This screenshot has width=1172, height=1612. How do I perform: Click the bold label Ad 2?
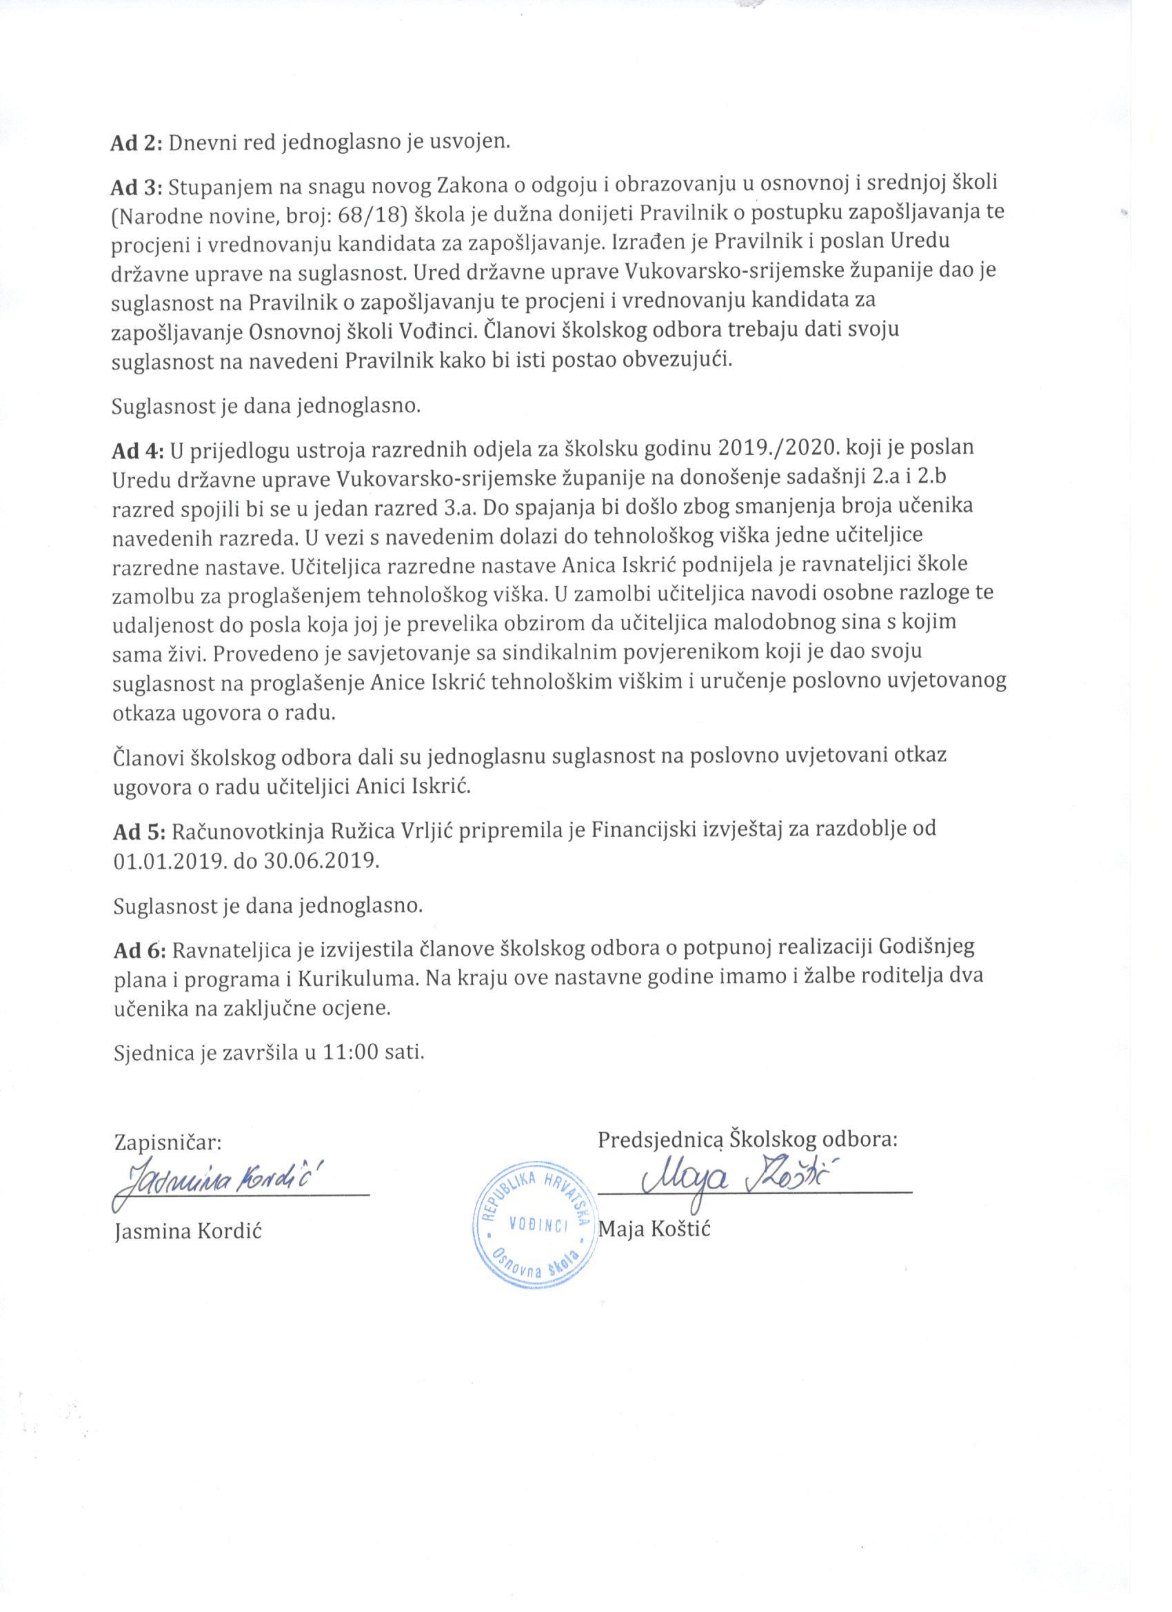point(137,143)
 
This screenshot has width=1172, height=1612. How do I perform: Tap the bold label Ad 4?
point(138,450)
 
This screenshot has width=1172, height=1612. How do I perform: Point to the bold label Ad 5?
point(138,829)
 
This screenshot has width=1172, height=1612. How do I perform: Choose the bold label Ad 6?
point(138,947)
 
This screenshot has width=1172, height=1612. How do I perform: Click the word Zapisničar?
point(168,1142)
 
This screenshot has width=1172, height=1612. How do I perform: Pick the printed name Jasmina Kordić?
point(188,1231)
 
